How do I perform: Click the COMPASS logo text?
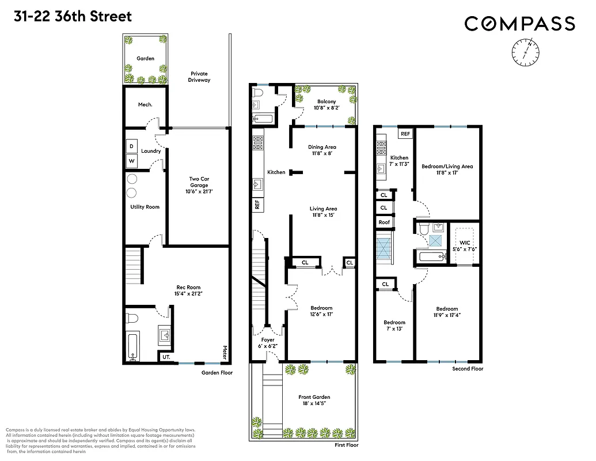click(519, 24)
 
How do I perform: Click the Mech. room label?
click(145, 104)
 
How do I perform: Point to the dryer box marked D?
click(131, 146)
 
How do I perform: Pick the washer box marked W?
click(131, 161)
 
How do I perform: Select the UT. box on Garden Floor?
click(166, 357)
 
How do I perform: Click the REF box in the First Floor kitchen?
click(257, 204)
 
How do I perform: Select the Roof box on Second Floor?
click(384, 222)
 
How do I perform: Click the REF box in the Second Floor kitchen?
click(405, 134)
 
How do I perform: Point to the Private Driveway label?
click(199, 77)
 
